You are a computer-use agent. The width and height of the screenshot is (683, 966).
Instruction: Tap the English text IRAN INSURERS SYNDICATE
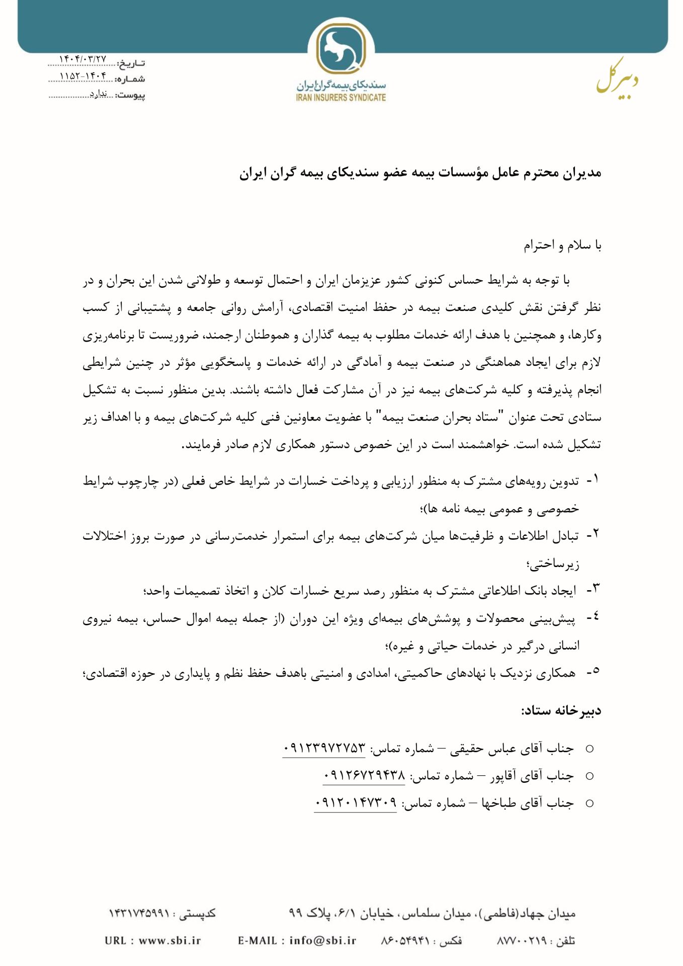(x=341, y=98)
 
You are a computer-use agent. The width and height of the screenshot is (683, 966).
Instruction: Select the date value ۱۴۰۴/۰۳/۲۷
(x=83, y=60)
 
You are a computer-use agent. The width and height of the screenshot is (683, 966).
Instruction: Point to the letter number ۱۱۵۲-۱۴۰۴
(x=83, y=76)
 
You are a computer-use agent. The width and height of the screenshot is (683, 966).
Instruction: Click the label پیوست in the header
(x=131, y=95)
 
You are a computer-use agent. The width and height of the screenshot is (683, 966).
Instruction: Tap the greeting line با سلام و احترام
(x=562, y=246)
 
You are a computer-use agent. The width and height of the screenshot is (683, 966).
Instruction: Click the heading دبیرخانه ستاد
(x=561, y=711)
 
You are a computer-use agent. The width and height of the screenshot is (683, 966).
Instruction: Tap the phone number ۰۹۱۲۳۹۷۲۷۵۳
(x=324, y=749)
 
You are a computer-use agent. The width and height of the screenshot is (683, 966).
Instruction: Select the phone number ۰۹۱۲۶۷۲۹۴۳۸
(x=364, y=776)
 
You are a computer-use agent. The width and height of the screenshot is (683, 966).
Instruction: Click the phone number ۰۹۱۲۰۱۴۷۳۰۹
(x=356, y=803)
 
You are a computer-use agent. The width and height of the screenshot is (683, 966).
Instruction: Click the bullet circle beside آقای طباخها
(x=589, y=803)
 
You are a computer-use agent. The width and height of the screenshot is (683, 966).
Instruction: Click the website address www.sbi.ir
(x=169, y=940)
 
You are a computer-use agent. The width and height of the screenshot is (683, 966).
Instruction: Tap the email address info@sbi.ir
(x=322, y=940)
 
